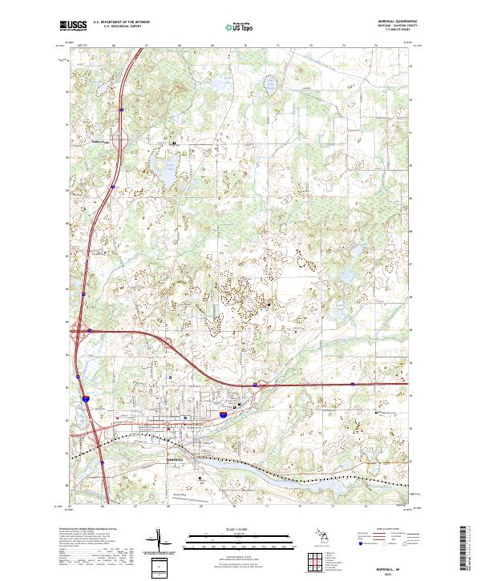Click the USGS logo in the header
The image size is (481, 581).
tap(73, 26)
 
